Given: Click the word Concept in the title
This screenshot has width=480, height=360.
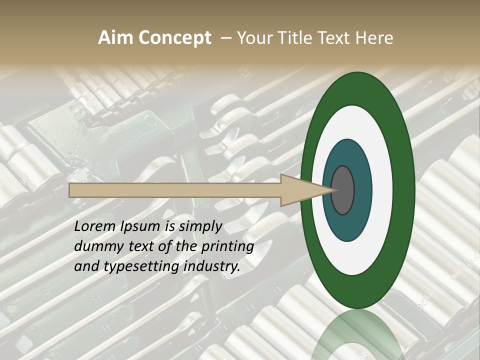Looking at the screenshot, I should click(x=175, y=38).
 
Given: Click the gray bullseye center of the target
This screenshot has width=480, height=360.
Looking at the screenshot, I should click(x=343, y=190).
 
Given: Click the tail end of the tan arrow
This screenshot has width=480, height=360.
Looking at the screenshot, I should click(x=71, y=190).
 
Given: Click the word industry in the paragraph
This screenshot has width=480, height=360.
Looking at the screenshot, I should click(x=212, y=266).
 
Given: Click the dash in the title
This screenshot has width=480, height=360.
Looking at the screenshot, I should click(x=226, y=38).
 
